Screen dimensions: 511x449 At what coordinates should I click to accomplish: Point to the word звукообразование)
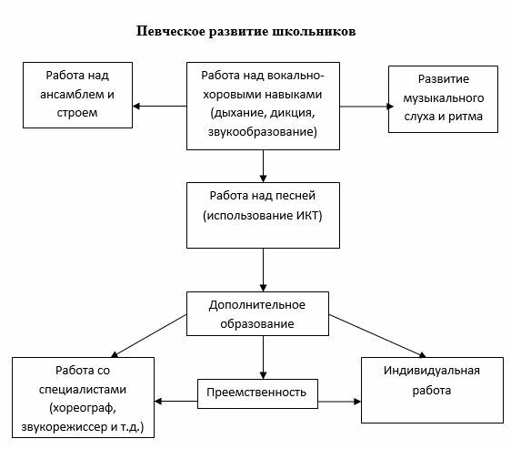(263, 131)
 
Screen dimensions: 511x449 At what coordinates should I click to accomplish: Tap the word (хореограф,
(83, 408)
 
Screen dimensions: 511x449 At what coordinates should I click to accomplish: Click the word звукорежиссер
(65, 427)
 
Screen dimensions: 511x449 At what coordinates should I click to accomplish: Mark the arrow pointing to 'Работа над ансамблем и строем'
(160, 107)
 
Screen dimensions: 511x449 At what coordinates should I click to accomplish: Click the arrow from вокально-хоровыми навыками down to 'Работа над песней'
(264, 166)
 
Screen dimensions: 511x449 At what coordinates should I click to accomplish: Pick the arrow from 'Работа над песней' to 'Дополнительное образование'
(264, 270)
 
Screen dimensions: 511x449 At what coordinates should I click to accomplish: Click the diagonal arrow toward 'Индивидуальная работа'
(377, 336)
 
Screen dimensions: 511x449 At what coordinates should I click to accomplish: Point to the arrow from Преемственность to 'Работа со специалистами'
(176, 402)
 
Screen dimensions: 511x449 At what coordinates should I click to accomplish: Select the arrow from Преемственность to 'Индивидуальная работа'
(339, 402)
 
